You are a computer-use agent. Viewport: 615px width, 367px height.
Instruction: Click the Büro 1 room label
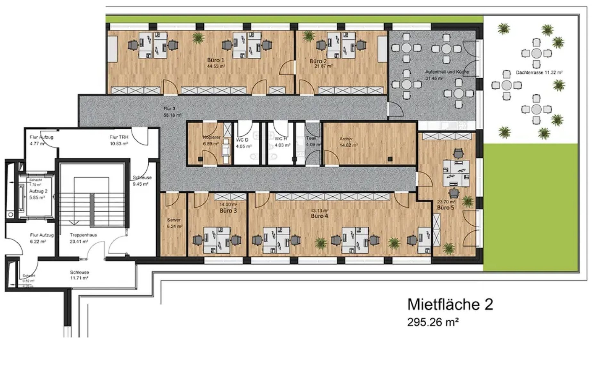click(216, 60)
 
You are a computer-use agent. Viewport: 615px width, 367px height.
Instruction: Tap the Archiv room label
click(346, 139)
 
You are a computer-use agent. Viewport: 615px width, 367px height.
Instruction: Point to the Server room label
click(174, 220)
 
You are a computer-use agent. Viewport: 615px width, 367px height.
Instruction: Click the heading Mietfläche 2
click(450, 305)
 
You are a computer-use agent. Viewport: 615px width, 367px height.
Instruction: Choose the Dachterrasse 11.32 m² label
click(539, 73)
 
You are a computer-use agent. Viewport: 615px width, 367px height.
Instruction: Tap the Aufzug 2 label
click(38, 191)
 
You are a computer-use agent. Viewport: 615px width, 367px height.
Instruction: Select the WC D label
click(242, 140)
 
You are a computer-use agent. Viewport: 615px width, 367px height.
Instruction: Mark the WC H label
click(281, 139)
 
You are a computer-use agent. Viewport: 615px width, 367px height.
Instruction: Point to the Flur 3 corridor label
click(169, 109)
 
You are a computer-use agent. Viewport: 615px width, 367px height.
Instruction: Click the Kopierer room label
click(211, 137)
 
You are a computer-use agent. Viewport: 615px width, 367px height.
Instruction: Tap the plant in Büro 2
click(308, 36)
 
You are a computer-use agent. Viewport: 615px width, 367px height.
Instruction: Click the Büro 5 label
click(446, 208)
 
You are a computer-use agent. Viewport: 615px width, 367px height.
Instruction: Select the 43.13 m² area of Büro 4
click(320, 210)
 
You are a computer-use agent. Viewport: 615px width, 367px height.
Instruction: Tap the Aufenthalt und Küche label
click(447, 72)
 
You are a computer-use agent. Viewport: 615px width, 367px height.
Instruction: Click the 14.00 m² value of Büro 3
click(228, 205)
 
